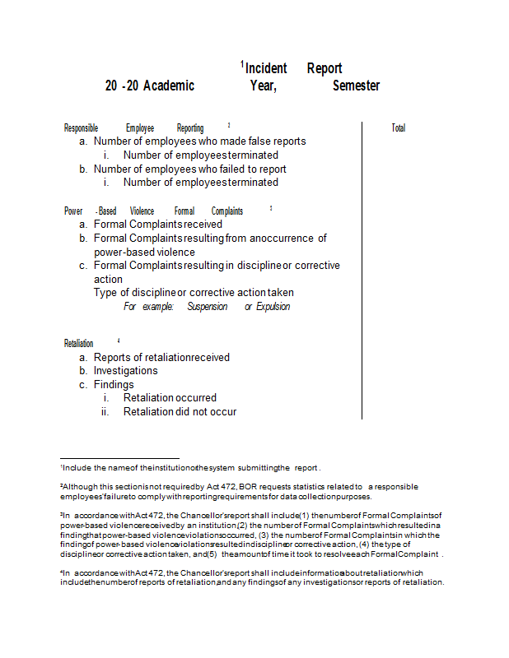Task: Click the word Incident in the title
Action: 266,69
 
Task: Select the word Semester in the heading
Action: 356,86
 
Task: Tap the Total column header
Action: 399,128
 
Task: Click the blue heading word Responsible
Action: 82,128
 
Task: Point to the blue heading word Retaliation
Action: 79,343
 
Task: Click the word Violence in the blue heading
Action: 142,211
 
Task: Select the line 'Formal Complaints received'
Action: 157,224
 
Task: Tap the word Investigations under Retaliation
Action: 125,371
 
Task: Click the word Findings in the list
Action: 114,384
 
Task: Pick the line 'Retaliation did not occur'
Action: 180,411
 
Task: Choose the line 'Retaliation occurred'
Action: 170,398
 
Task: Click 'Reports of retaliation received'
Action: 161,357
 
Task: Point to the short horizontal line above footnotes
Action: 119,458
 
